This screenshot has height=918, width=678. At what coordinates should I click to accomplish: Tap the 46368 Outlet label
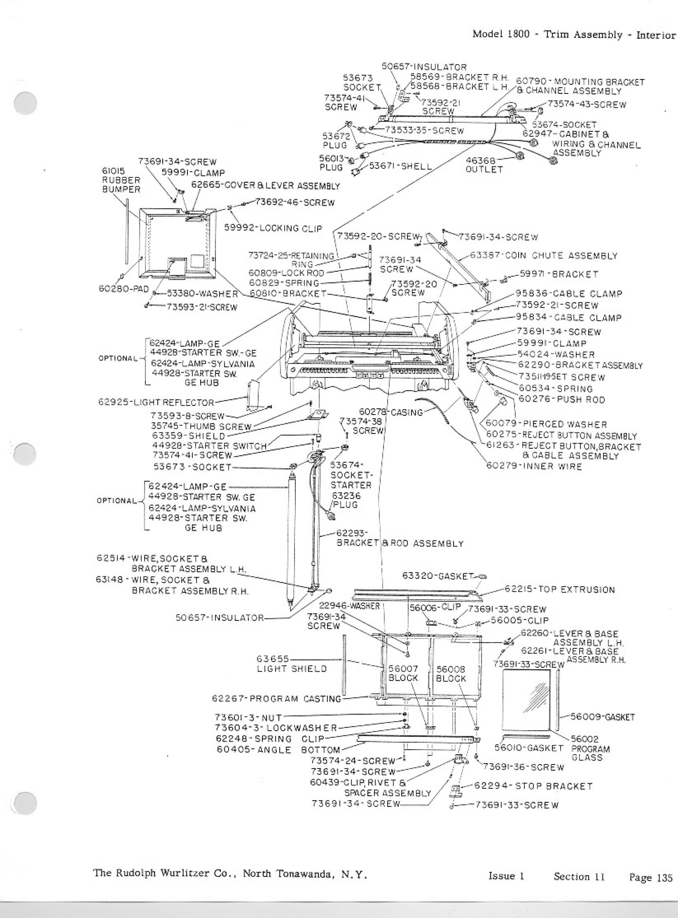(484, 165)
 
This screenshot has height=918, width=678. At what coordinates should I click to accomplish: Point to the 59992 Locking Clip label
(273, 228)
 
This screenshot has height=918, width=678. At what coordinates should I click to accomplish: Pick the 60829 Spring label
(284, 283)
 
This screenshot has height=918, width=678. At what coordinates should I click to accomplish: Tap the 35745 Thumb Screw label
(202, 426)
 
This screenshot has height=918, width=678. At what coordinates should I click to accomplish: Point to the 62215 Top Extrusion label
(560, 590)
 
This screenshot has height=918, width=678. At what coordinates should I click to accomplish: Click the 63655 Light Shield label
(292, 664)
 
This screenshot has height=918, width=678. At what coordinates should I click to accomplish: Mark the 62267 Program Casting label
(277, 699)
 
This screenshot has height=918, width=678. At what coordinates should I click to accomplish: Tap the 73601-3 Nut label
(248, 718)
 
